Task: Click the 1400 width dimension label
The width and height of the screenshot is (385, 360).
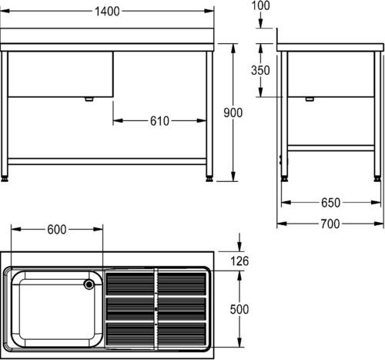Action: click(107, 12)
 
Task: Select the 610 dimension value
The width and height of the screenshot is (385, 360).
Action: click(159, 121)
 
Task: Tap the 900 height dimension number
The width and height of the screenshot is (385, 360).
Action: click(233, 113)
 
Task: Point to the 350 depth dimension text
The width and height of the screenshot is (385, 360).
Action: click(260, 70)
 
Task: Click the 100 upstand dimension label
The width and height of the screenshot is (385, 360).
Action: click(260, 5)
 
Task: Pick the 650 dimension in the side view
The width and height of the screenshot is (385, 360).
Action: click(331, 203)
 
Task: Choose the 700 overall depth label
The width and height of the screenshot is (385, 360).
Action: click(330, 224)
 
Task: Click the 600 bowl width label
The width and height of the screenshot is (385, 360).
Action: click(57, 230)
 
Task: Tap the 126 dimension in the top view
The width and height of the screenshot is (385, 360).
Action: click(239, 261)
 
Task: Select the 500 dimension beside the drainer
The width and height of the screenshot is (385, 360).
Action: click(239, 309)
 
